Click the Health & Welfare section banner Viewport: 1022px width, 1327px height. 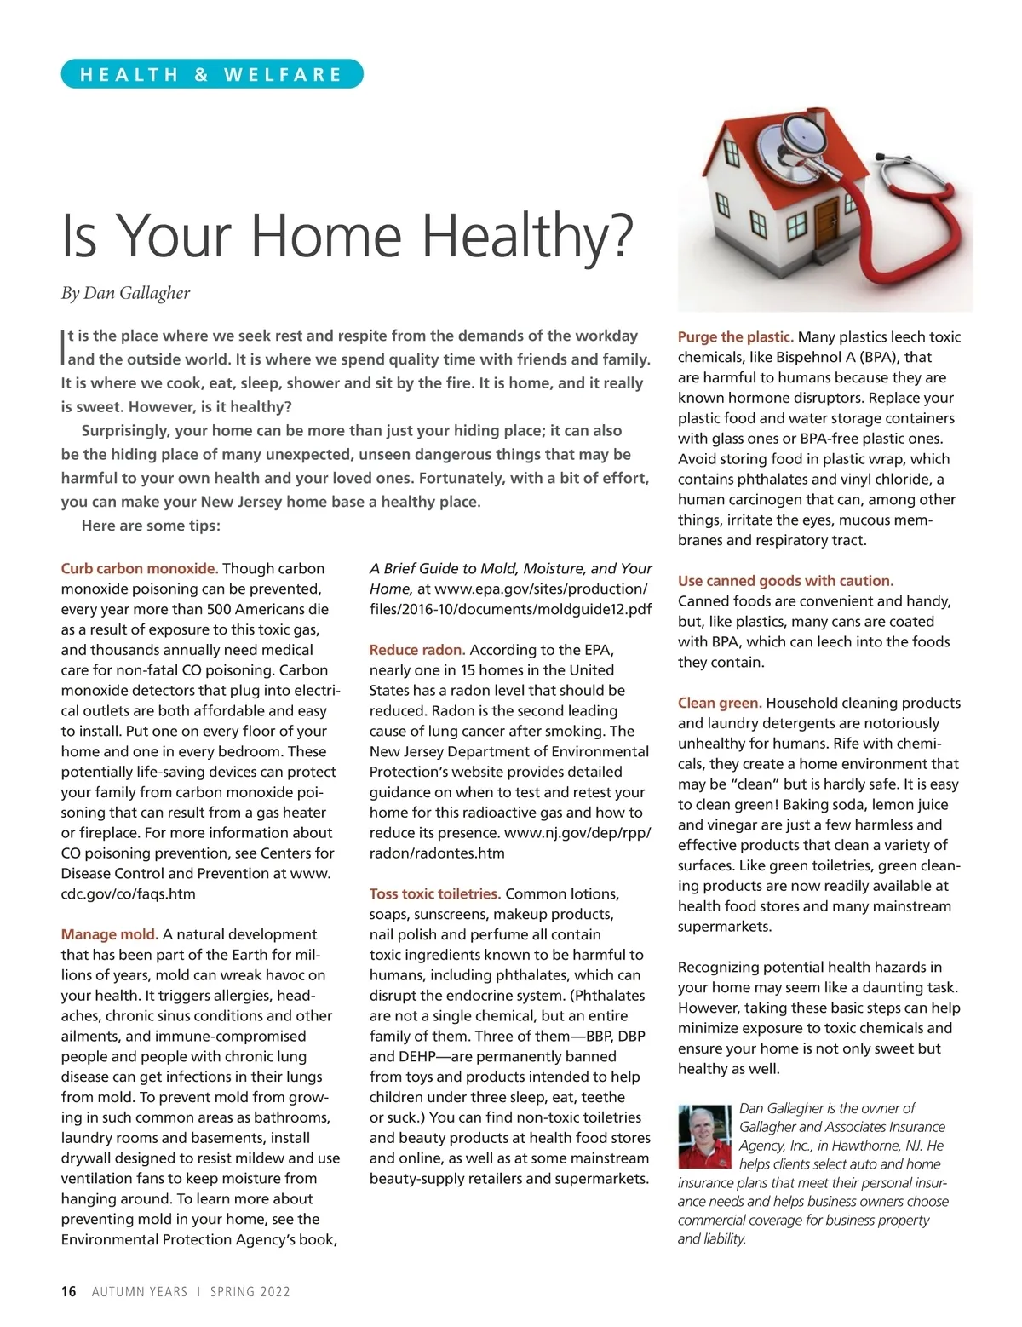point(211,74)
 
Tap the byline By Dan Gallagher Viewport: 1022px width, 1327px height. point(125,293)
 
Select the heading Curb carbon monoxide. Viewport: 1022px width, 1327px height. point(140,568)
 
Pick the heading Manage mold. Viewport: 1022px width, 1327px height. point(109,934)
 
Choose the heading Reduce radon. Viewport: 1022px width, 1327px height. point(416,650)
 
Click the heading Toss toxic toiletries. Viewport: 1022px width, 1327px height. point(435,893)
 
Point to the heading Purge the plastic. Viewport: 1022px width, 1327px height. point(735,336)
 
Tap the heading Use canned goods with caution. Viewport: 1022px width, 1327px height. point(785,581)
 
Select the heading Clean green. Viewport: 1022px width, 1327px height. point(720,703)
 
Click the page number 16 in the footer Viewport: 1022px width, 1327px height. point(68,1291)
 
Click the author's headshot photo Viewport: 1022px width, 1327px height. point(705,1136)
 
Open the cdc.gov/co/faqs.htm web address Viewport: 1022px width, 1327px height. point(128,893)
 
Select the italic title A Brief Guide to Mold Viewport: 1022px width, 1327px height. point(510,568)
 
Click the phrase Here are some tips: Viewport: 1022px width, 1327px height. point(151,526)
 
